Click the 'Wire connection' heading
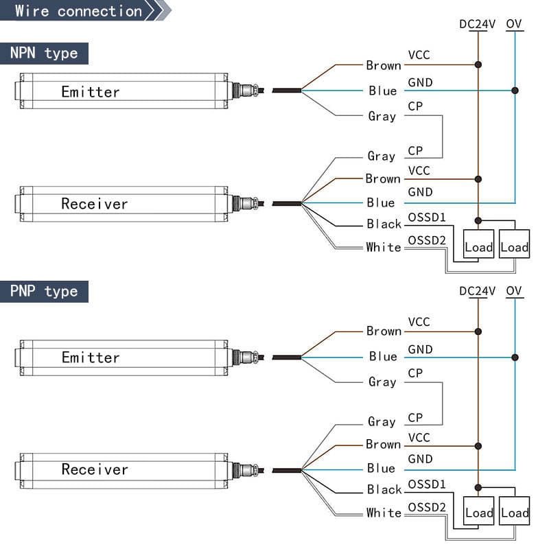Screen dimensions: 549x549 [x=78, y=11]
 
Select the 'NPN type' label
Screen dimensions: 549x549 [x=44, y=54]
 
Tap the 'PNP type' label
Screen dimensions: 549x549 [x=44, y=291]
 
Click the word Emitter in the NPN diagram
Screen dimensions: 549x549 [x=91, y=92]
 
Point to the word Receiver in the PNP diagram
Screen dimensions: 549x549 [x=95, y=469]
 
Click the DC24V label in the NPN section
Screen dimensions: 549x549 [x=477, y=24]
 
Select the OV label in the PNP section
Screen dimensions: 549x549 [x=514, y=290]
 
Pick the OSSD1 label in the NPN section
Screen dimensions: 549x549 [x=427, y=218]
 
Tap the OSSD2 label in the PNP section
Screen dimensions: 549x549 [x=427, y=507]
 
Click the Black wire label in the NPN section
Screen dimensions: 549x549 [x=384, y=224]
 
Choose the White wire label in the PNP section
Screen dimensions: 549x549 [x=384, y=513]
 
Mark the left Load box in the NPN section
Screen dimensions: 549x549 [x=478, y=247]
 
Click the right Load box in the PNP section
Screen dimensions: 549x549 [x=514, y=513]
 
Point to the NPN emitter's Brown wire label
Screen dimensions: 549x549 [x=383, y=66]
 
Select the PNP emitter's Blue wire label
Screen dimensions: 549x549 [x=383, y=357]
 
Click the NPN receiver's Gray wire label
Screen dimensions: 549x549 [x=382, y=156]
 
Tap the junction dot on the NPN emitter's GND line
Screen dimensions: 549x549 [x=515, y=91]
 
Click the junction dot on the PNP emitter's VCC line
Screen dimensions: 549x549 [x=478, y=331]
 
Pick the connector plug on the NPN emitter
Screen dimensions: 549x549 [x=244, y=90]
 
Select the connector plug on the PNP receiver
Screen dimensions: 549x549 [x=244, y=470]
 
